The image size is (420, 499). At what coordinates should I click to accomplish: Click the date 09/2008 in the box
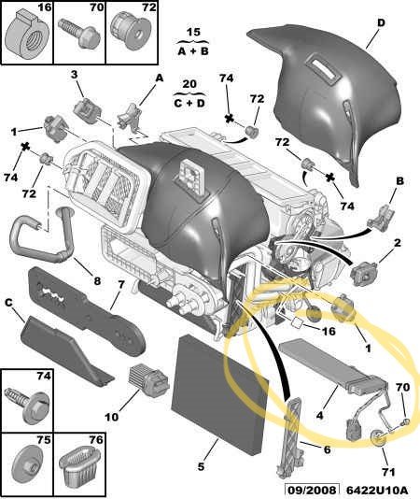pos(312,490)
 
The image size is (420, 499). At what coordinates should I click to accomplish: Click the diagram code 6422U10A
pos(377,490)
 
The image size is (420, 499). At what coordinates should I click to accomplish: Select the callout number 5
pos(201,467)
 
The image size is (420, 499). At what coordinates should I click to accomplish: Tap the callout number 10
pos(112,417)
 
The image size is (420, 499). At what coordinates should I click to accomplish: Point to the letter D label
pos(381,23)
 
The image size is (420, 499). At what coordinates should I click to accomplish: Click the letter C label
pos(8,303)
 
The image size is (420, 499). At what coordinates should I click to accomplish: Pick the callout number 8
pos(97,280)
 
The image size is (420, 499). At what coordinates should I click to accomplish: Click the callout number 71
pos(388,472)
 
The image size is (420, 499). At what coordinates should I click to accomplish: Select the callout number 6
pos(327,449)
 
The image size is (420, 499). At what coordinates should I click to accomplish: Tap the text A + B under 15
pos(193,50)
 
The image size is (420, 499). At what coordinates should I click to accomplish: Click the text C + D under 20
pos(189,103)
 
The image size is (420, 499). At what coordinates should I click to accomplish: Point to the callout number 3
pos(74,75)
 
